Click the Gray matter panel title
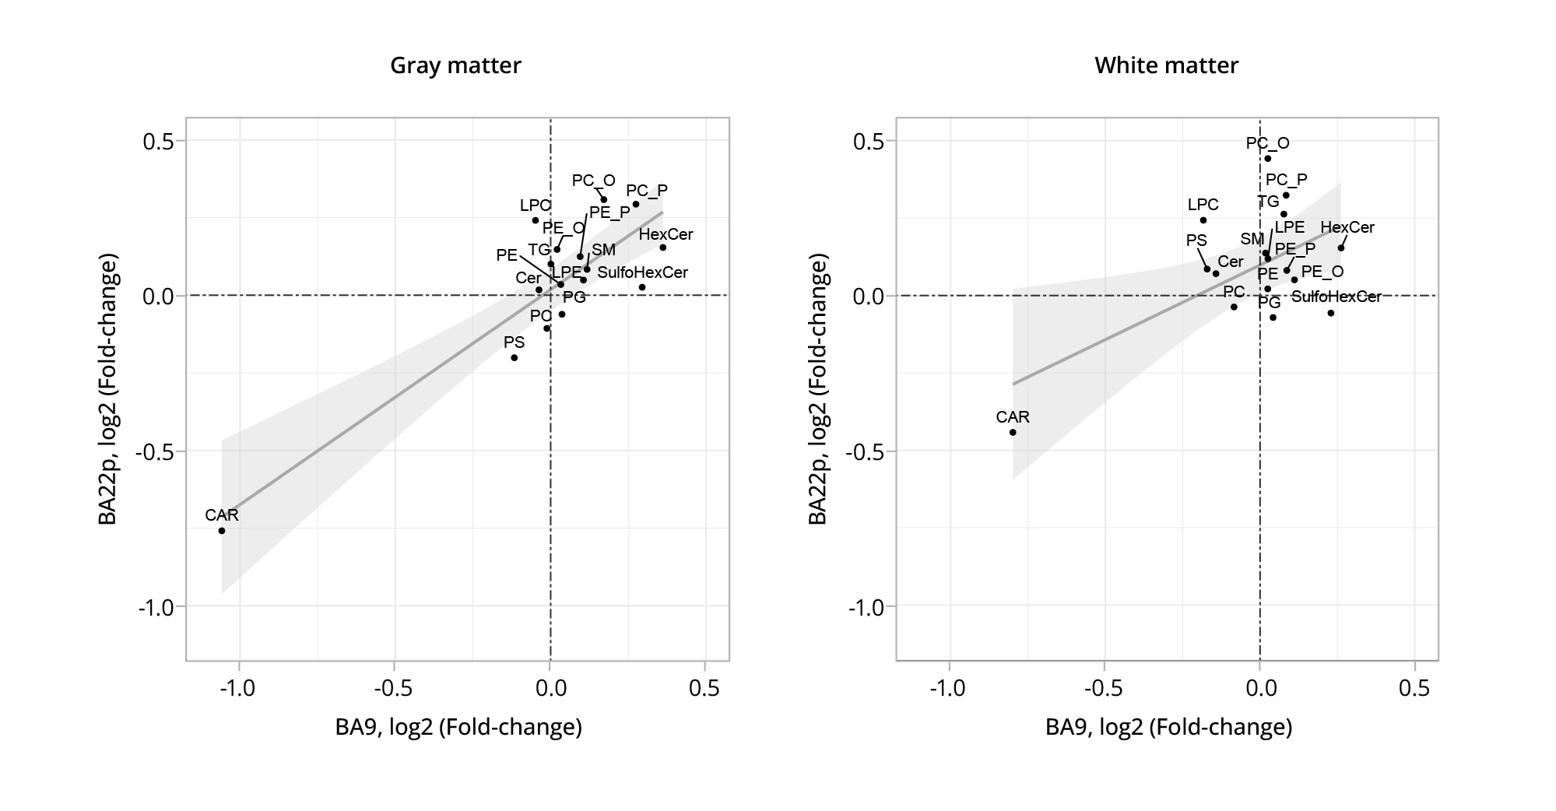(455, 65)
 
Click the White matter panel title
(1166, 65)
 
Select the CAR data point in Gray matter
(222, 531)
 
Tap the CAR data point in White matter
(1013, 432)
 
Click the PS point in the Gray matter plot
(515, 358)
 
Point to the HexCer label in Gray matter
(666, 234)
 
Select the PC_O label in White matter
(1267, 143)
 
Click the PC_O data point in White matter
(1267, 159)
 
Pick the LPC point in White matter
(1203, 220)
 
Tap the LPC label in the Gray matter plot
(536, 205)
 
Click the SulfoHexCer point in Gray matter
(642, 287)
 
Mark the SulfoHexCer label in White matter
(1336, 297)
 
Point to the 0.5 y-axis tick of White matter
(870, 141)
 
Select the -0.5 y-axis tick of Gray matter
(159, 451)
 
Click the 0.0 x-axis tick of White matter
(1259, 689)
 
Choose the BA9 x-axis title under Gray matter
(458, 727)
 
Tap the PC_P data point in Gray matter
(636, 205)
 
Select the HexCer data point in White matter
(1341, 248)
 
